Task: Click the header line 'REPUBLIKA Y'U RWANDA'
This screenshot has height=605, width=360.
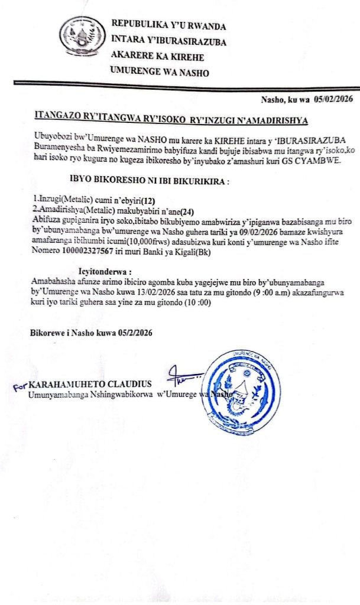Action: click(x=168, y=27)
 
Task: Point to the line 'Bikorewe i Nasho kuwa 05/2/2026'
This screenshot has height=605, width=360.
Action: click(x=91, y=333)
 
